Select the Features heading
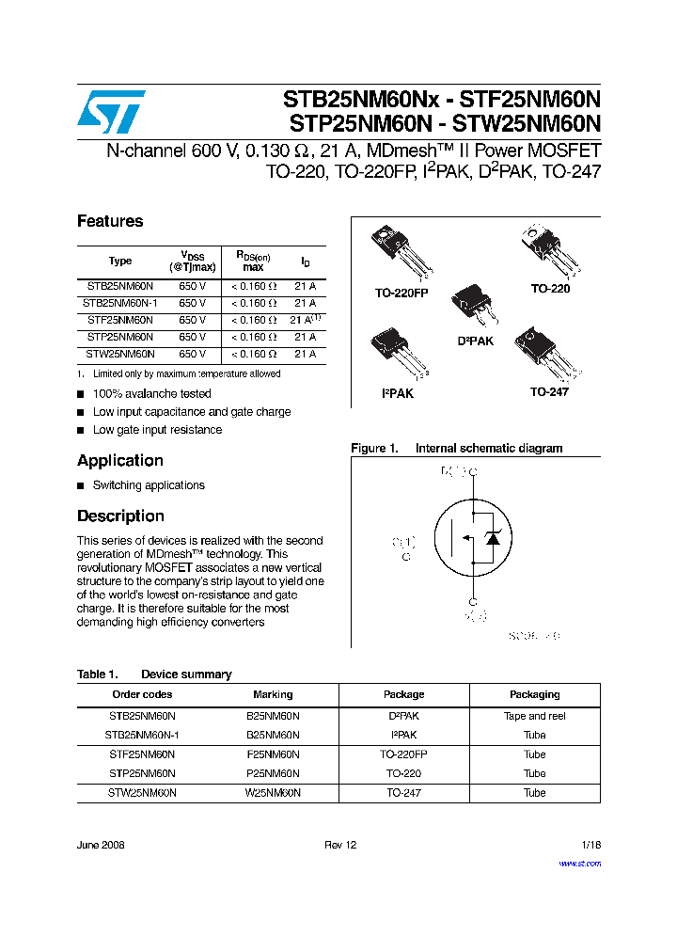(x=110, y=221)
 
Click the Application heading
(x=120, y=460)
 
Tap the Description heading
(x=120, y=516)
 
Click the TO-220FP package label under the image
(x=401, y=294)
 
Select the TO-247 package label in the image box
(x=548, y=391)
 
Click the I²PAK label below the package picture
(x=397, y=393)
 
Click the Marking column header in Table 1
(x=273, y=694)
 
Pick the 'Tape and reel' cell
(x=534, y=716)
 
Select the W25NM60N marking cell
(x=273, y=793)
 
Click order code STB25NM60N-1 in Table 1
(x=142, y=735)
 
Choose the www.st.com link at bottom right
(x=579, y=863)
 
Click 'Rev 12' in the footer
(x=340, y=845)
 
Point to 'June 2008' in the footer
(x=101, y=845)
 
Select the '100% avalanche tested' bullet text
(x=151, y=393)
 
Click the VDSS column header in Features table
(x=192, y=261)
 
